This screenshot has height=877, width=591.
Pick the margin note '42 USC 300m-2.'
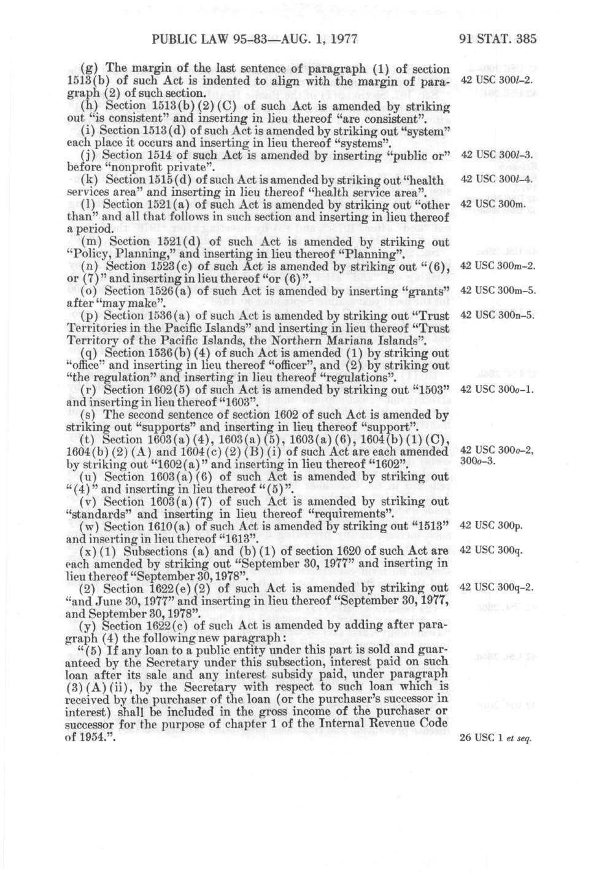[x=498, y=265]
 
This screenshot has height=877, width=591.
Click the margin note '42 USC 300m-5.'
[x=498, y=290]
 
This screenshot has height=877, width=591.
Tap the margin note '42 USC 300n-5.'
[x=498, y=315]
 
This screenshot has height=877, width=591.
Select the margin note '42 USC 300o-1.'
[x=498, y=389]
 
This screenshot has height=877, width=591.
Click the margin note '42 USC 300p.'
[x=490, y=525]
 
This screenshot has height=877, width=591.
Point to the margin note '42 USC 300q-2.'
[x=496, y=587]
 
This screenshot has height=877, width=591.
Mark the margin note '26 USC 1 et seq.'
[x=495, y=737]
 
